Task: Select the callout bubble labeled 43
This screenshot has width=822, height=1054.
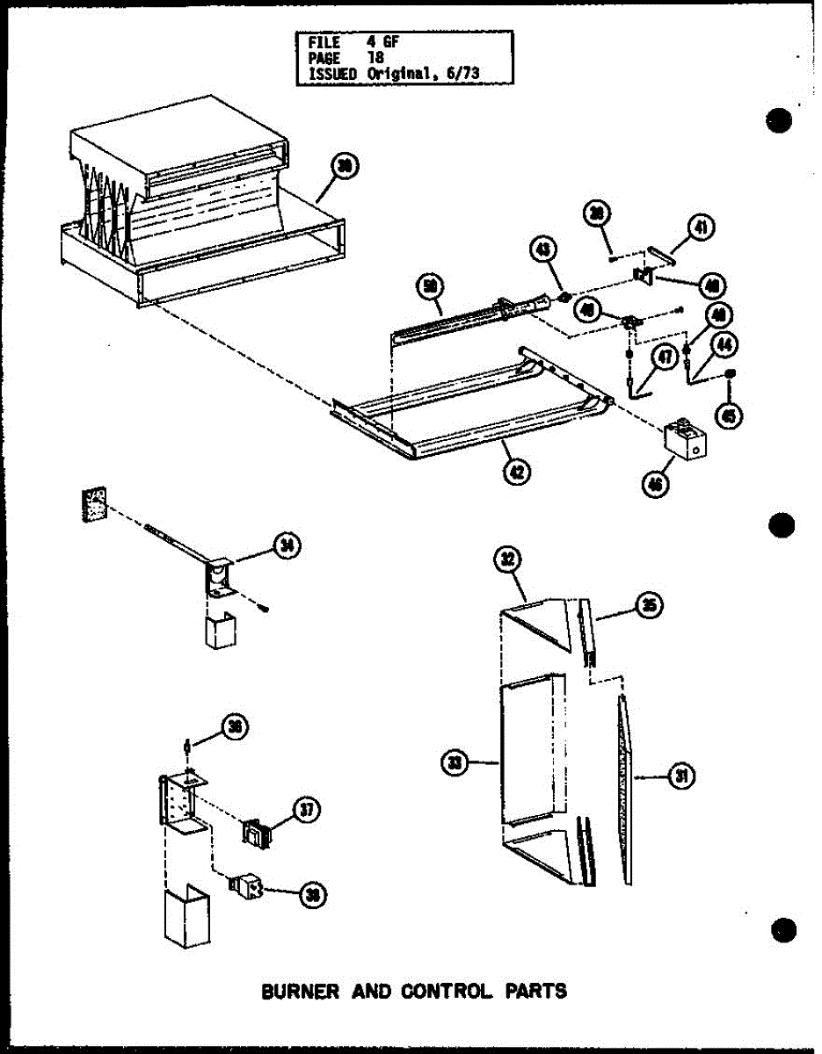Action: click(543, 250)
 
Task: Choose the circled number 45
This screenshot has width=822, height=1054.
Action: click(729, 415)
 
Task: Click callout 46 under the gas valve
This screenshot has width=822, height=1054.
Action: click(654, 484)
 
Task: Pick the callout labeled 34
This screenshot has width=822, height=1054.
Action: click(286, 545)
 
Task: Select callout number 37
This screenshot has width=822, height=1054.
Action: click(305, 810)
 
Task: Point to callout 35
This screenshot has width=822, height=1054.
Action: click(649, 606)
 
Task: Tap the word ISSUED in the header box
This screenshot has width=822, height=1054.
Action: click(332, 75)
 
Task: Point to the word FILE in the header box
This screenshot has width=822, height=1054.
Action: click(323, 41)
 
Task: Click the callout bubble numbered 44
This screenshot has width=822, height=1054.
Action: click(724, 347)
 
